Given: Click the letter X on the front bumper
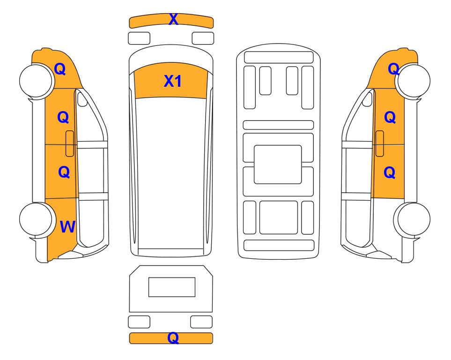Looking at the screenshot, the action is point(173,19).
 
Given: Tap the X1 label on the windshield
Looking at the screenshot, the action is point(172,81).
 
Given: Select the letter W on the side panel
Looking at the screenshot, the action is point(67,227).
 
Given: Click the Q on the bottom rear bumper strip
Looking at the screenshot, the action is point(173,338).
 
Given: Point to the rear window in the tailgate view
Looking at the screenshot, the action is point(172,287).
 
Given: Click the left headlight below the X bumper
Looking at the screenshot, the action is point(139,38).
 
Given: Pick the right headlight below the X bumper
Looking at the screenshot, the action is point(203,38).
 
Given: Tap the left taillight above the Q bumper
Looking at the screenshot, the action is point(139,322).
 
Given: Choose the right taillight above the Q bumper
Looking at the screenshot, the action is point(201,322).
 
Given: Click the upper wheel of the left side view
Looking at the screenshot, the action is point(37,81).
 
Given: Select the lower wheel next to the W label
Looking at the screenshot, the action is point(37,219).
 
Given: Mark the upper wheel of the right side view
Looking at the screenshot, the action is point(413,81).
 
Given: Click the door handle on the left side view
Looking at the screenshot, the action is point(70,143).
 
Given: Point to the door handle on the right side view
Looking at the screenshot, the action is point(380,143).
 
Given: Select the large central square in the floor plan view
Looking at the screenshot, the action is point(278,165).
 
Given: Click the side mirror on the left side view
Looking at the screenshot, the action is point(82,98).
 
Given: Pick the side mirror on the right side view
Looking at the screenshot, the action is point(367,98).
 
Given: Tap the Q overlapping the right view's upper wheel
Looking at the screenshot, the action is point(394,69).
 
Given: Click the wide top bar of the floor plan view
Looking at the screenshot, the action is point(279,57).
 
